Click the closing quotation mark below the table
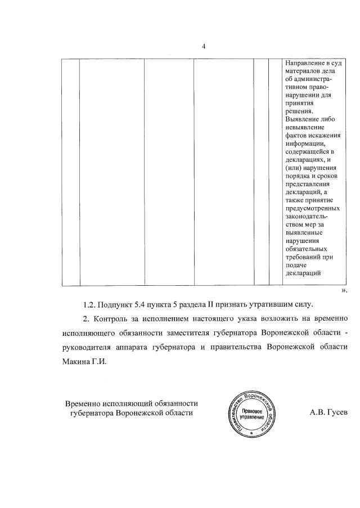(344, 290)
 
